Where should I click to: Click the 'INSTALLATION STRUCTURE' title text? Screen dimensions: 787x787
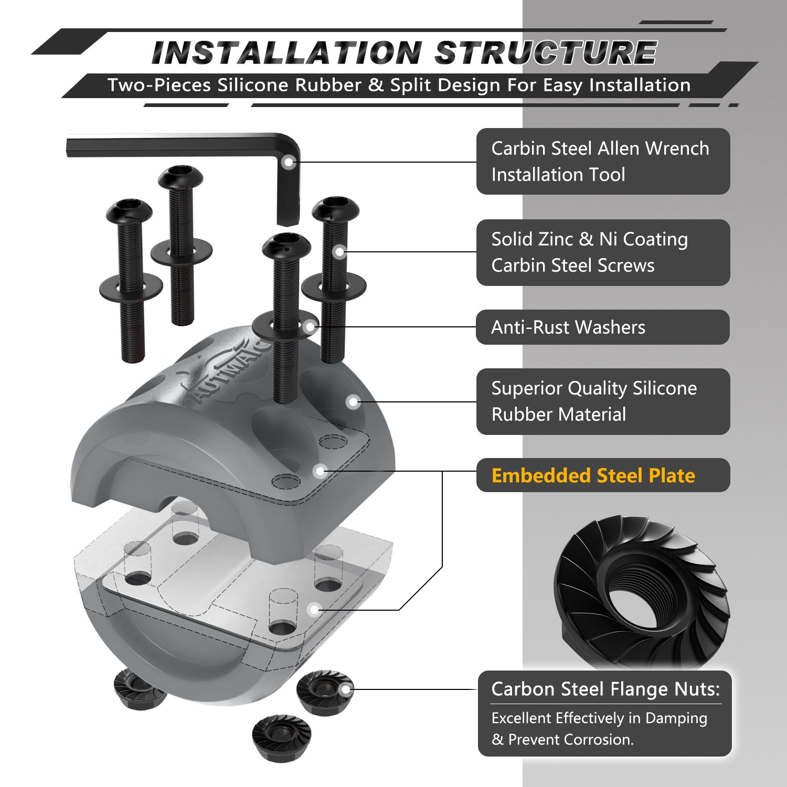(404, 53)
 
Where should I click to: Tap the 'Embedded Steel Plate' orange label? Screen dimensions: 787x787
(593, 476)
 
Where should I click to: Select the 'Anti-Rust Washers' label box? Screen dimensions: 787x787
(602, 327)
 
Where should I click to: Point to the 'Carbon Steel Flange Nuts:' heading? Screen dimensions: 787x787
(605, 689)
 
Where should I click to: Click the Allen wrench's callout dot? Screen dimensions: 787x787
(288, 162)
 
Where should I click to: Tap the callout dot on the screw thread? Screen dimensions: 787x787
(339, 252)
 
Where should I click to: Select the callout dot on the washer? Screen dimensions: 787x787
(310, 327)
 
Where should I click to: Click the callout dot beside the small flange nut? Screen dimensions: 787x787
(346, 689)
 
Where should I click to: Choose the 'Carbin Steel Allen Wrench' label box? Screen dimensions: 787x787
(603, 162)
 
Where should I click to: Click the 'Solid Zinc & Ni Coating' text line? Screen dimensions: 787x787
(589, 239)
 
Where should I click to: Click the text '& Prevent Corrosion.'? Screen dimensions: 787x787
(562, 740)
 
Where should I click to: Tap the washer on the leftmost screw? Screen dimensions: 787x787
(131, 287)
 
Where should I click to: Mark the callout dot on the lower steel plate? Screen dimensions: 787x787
(314, 610)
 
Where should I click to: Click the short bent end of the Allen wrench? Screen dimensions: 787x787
(288, 210)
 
